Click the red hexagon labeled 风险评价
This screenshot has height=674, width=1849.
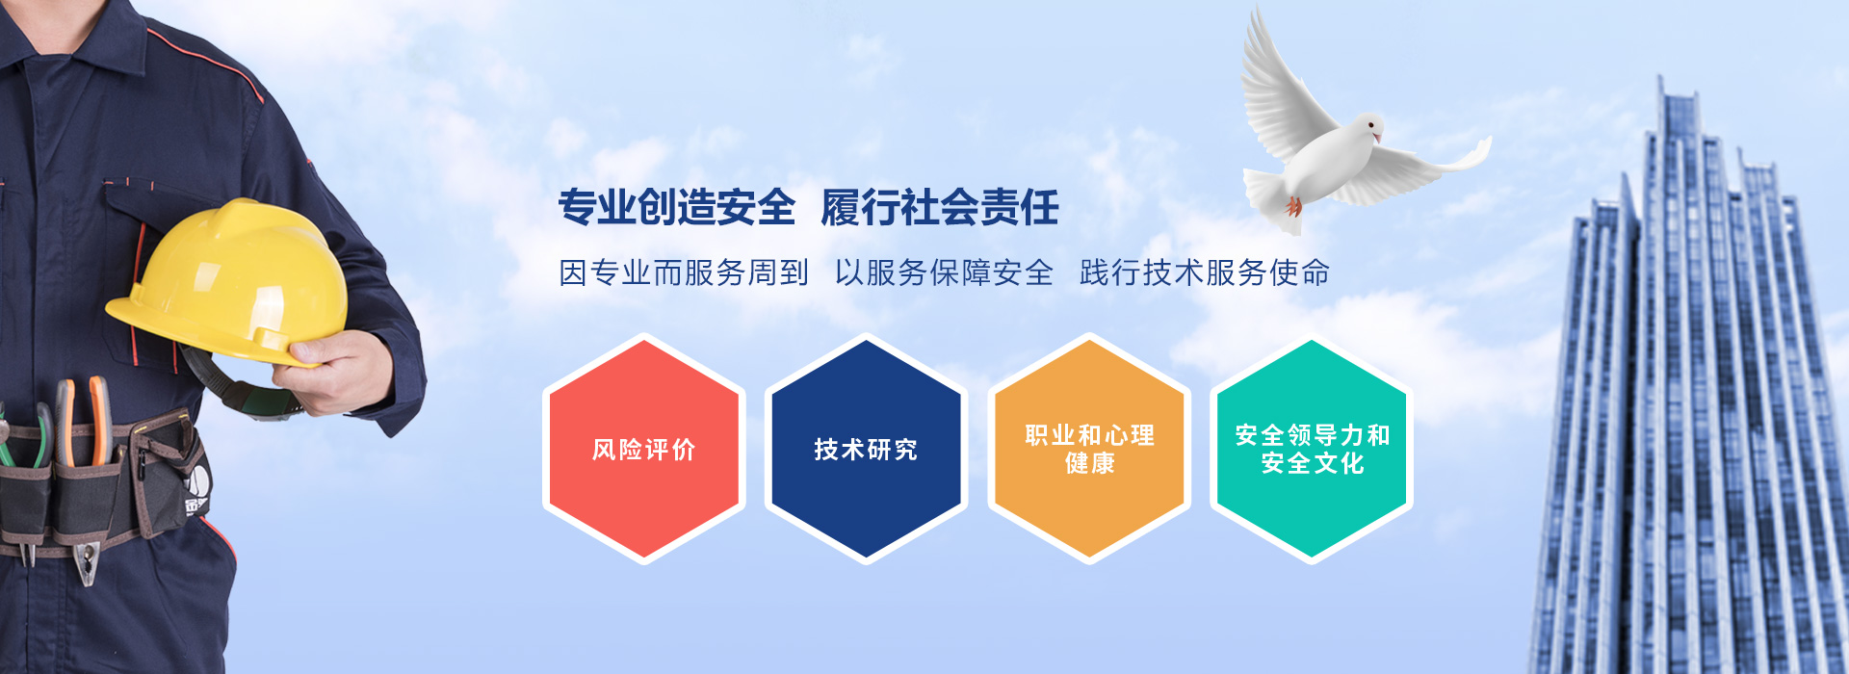pyautogui.click(x=644, y=449)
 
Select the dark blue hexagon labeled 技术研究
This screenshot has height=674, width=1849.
pyautogui.click(x=866, y=449)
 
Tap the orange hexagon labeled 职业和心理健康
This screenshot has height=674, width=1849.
pyautogui.click(x=1089, y=449)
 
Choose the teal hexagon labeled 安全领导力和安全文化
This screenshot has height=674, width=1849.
pyautogui.click(x=1312, y=449)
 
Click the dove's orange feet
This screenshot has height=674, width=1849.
pyautogui.click(x=1294, y=205)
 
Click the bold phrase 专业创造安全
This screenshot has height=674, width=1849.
pyautogui.click(x=677, y=207)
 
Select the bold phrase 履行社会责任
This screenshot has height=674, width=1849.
pyautogui.click(x=940, y=207)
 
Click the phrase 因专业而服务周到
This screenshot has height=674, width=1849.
pyautogui.click(x=684, y=272)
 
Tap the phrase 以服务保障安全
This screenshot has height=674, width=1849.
pyautogui.click(x=944, y=272)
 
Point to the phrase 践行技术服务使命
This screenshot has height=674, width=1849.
pyautogui.click(x=1205, y=272)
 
